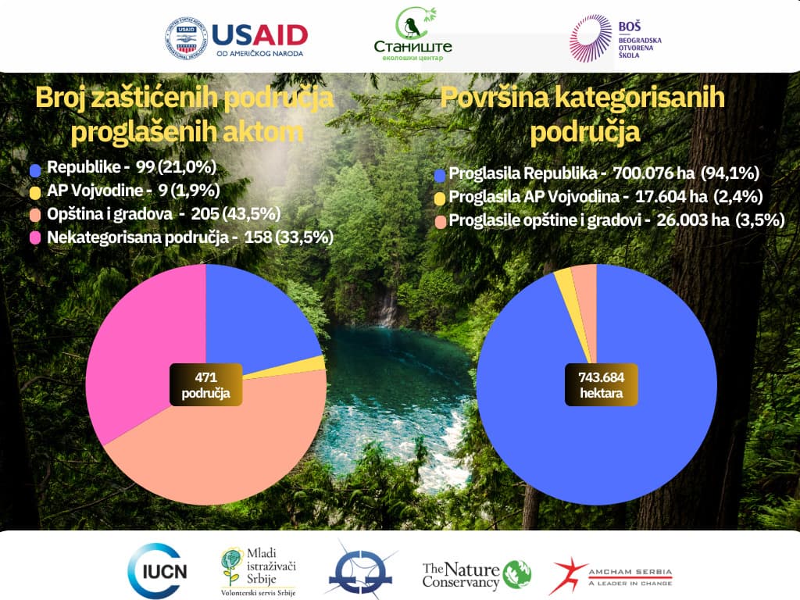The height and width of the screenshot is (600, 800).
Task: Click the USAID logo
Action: click(237, 38)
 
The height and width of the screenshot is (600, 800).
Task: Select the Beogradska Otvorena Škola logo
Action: click(616, 39)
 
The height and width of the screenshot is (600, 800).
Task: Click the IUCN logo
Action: click(158, 570)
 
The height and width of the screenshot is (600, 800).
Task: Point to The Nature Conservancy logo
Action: click(477, 575)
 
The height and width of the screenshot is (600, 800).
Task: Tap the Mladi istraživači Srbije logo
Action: click(259, 572)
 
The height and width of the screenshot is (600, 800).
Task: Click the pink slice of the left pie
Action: click(137, 347)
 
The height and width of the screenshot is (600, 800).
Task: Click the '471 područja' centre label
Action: click(206, 384)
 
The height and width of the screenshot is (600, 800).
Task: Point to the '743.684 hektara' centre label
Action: click(602, 384)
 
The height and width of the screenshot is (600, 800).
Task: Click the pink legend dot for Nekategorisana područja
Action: click(35, 237)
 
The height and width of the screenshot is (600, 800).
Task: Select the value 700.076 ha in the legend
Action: click(654, 173)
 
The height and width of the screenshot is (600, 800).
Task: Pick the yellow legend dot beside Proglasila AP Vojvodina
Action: click(440, 198)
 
